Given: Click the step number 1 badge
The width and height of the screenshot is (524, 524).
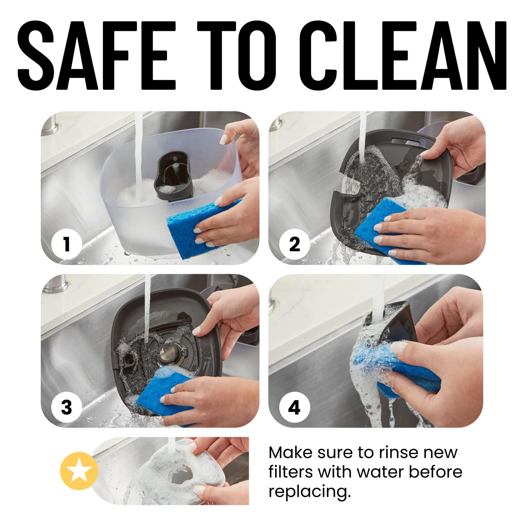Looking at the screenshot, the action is click(x=66, y=244).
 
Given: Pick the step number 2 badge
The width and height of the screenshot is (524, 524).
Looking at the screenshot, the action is click(x=294, y=244).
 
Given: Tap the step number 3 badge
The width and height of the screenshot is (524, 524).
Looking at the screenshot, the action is click(x=66, y=407).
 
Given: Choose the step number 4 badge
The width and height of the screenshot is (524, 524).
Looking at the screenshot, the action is click(x=294, y=407).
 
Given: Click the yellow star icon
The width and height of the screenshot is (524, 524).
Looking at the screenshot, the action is click(x=79, y=471).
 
